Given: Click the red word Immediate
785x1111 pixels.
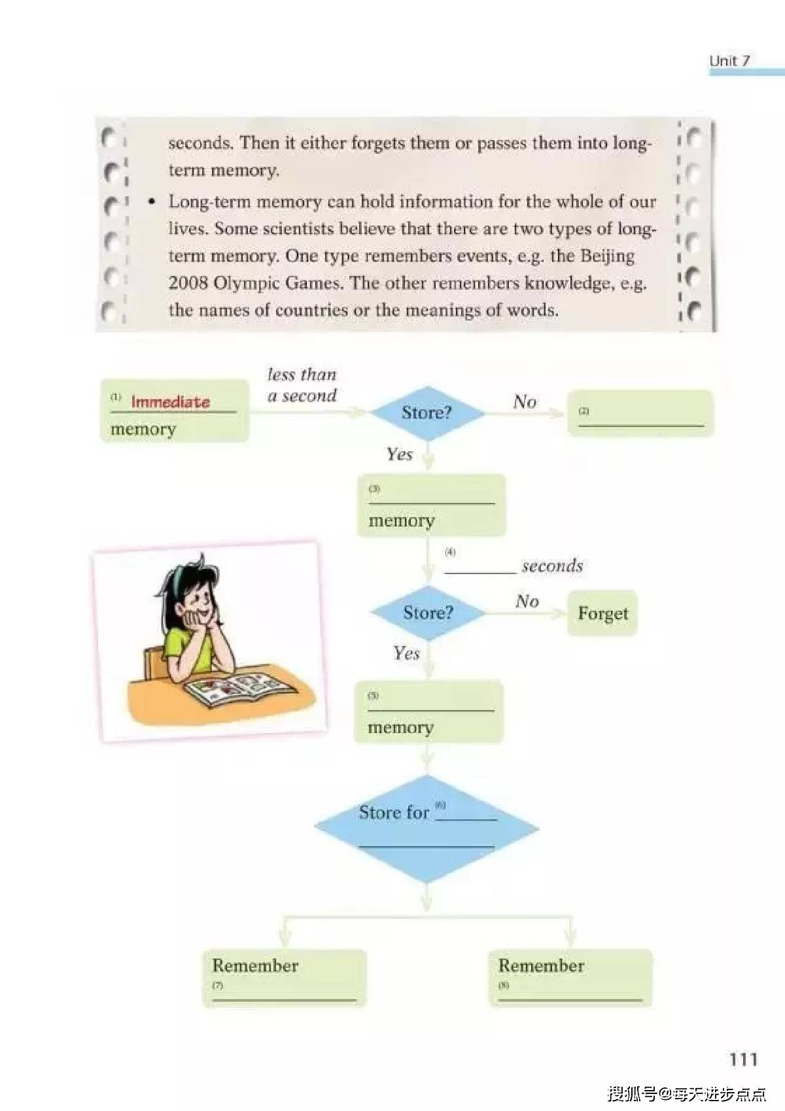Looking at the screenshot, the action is (170, 402).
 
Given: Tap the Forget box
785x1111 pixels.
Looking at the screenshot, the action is (602, 613).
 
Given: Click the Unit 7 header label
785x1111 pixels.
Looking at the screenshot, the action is (729, 61).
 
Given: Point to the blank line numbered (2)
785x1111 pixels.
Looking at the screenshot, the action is (641, 426).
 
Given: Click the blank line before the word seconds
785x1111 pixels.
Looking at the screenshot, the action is (480, 573).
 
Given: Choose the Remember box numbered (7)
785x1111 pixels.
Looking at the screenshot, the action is (285, 978).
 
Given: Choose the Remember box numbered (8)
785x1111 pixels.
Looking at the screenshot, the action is (570, 978).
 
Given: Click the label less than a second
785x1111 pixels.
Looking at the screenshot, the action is (302, 385).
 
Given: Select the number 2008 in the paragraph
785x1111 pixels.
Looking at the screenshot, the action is (188, 283).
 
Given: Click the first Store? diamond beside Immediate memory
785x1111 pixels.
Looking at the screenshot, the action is (428, 413).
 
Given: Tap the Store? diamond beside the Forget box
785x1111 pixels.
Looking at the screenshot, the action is (428, 613).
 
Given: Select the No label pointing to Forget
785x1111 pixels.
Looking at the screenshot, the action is (527, 602).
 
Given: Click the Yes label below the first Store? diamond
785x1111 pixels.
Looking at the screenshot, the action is (400, 454).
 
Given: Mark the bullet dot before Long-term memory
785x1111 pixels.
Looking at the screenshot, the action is (152, 202).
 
